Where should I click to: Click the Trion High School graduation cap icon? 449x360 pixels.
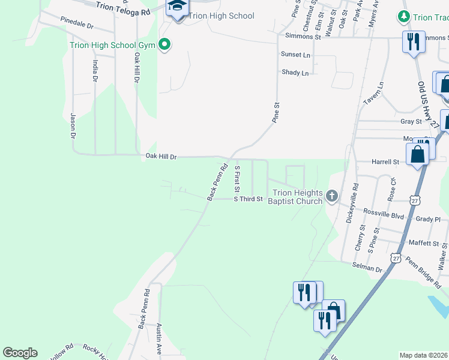177,8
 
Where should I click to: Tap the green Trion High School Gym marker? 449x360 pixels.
163,44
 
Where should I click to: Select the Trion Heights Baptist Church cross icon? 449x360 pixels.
331,196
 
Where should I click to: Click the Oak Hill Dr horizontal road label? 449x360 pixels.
161,157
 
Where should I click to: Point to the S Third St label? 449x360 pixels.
249,199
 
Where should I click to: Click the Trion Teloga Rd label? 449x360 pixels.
123,8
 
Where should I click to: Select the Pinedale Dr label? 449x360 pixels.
77,23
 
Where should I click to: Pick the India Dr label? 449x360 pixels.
95,71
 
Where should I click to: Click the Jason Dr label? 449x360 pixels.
73,126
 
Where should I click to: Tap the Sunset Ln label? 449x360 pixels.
296,55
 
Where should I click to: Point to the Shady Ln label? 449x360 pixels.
295,73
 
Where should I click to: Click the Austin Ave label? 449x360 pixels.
159,338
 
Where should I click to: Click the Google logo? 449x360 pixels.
20,353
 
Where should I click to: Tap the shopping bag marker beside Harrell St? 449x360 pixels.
417,154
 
